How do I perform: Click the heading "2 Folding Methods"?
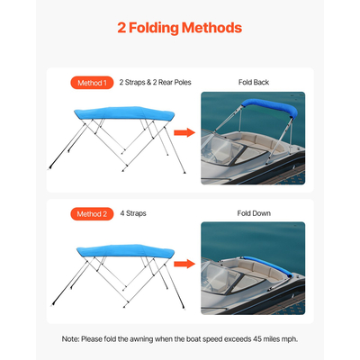(x=180, y=28)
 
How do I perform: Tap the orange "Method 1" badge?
(x=90, y=83)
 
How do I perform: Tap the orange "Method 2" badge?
(x=90, y=214)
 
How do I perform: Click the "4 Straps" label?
(x=132, y=214)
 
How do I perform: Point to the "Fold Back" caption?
(x=254, y=83)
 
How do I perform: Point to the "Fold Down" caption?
(x=254, y=214)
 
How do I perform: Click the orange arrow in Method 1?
(x=184, y=133)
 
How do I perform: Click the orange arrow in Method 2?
(x=184, y=265)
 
